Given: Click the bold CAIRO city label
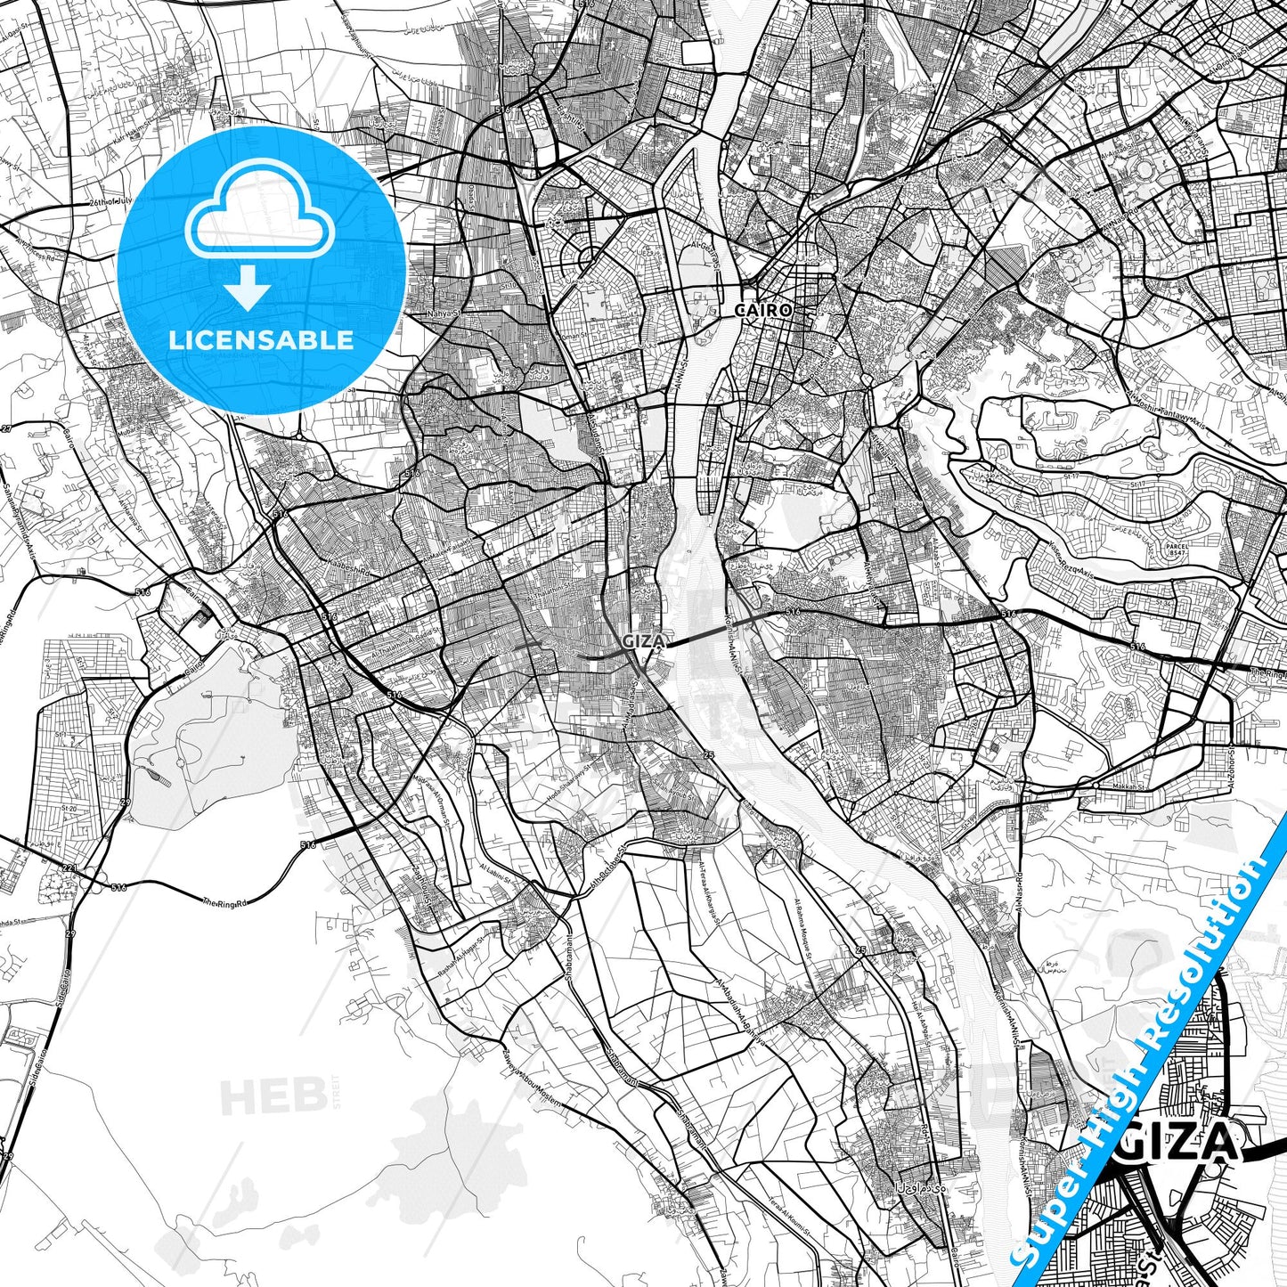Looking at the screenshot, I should pyautogui.click(x=762, y=311).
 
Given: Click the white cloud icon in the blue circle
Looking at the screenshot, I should pyautogui.click(x=259, y=221).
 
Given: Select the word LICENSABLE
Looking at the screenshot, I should pyautogui.click(x=261, y=340).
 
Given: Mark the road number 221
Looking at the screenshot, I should pyautogui.click(x=68, y=868).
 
